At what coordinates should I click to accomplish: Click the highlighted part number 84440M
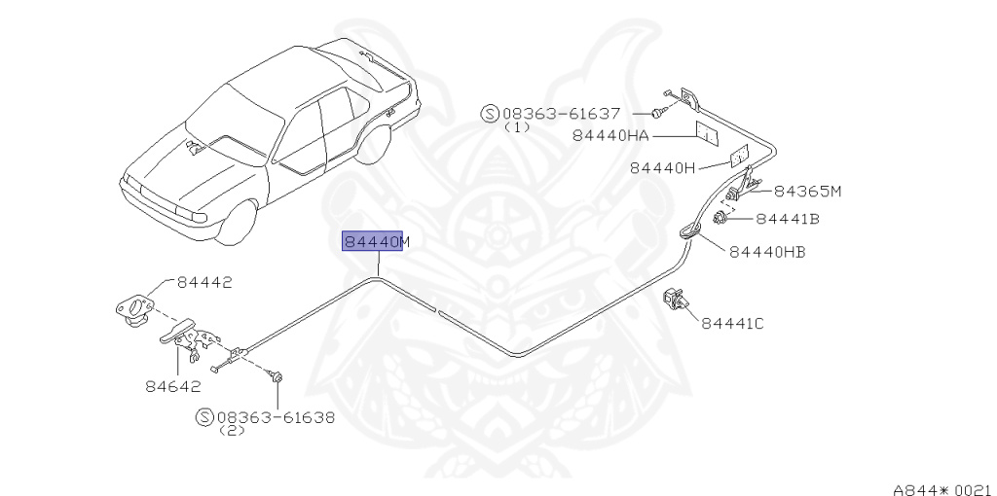point(375,241)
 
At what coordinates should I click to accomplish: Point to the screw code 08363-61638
point(275,417)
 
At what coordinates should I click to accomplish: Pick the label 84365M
point(807,191)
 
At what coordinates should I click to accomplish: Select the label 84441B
point(787,219)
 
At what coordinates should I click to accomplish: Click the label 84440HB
point(767,252)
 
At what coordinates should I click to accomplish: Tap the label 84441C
point(732,323)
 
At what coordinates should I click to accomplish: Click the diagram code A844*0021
point(943,488)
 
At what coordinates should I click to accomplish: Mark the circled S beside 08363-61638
point(204,417)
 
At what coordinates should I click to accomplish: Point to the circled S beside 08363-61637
point(491,113)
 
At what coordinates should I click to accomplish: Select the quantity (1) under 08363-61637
point(517,126)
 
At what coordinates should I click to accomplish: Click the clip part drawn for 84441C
point(674,300)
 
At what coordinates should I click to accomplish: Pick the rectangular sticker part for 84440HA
point(706,133)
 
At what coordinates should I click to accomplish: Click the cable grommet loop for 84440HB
point(689,230)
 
